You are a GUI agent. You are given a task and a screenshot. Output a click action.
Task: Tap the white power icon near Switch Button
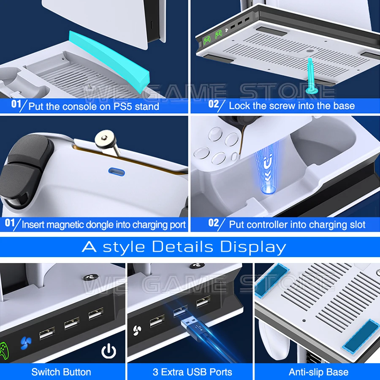[x=109, y=350]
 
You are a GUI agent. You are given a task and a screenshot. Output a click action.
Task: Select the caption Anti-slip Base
[x=318, y=372]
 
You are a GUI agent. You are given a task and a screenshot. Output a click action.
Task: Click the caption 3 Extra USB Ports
[x=192, y=372]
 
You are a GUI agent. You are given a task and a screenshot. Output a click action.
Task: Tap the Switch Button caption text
[x=61, y=372]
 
